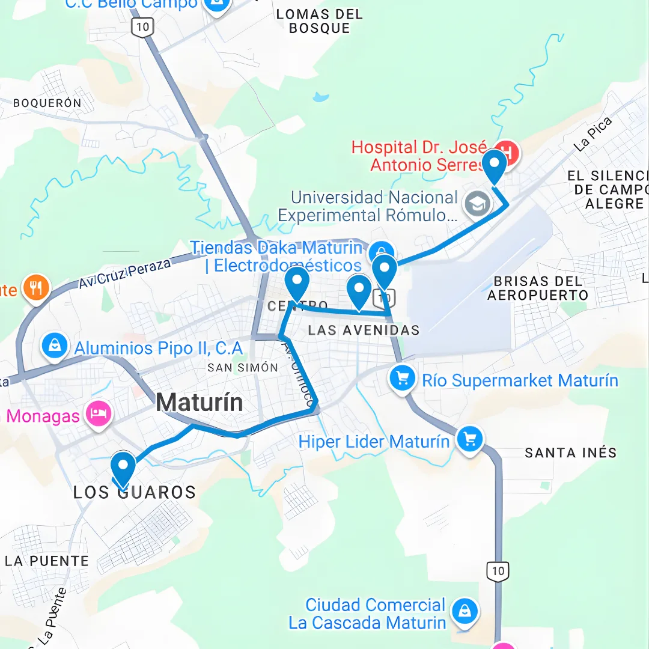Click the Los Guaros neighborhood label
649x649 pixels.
(x=135, y=493)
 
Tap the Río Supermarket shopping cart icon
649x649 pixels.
(x=402, y=379)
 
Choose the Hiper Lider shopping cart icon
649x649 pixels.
(x=470, y=440)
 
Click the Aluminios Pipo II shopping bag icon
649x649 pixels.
(x=55, y=347)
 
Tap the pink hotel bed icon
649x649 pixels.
(x=98, y=413)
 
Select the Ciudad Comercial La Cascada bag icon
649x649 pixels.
(x=465, y=612)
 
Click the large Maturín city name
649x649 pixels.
(x=200, y=402)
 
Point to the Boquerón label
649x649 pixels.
(x=47, y=103)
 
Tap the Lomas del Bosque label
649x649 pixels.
(x=319, y=21)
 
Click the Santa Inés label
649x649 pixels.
(x=570, y=452)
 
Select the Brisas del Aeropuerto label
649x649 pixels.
(x=537, y=288)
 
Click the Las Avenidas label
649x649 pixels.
(x=363, y=330)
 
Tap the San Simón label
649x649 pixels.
(x=243, y=367)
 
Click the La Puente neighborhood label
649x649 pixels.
(x=47, y=561)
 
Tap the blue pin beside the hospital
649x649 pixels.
(x=495, y=165)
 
